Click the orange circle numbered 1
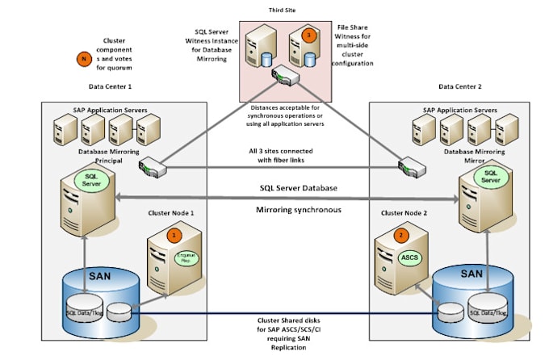pos(172,234)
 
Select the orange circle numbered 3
pos(306,36)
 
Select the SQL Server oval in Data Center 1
pos(92,178)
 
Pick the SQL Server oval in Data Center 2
pos(488,177)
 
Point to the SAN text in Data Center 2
pos(471,274)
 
